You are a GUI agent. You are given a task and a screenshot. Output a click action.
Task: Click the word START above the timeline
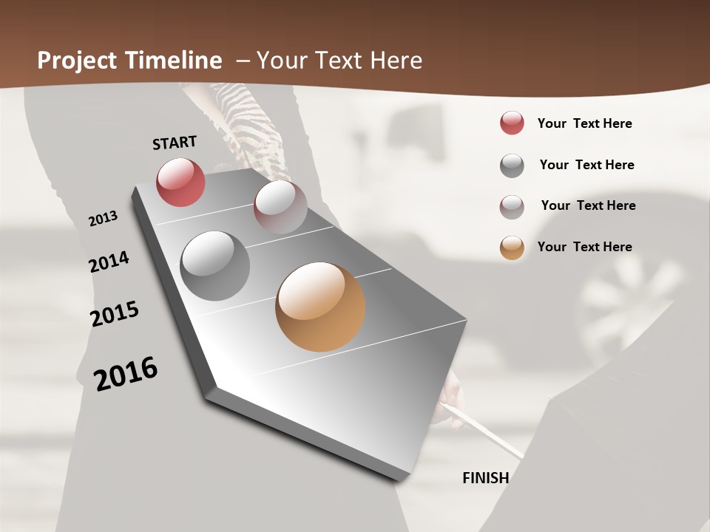175,143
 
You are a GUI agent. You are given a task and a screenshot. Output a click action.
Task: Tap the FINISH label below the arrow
485,478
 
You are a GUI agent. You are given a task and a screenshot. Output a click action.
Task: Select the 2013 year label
103,219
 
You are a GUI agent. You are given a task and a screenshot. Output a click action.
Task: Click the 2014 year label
109,262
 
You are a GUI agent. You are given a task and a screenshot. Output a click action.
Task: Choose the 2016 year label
126,374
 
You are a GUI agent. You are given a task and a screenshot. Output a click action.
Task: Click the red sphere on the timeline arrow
180,182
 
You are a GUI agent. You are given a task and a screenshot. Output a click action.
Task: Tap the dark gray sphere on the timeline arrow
215,266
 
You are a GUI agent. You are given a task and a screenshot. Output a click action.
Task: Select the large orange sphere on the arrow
320,307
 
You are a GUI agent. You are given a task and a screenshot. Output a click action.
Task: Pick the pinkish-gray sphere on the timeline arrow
280,207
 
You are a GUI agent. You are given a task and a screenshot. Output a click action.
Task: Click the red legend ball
512,123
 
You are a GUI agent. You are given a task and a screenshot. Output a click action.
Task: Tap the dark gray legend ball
512,166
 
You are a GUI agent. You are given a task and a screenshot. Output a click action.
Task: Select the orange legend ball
512,248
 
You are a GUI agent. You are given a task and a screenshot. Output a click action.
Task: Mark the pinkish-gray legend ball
512,207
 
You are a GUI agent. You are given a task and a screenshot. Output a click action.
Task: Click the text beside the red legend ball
584,123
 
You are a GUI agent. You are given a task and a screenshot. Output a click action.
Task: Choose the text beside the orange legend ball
584,247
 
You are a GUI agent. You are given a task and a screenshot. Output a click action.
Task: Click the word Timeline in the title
175,61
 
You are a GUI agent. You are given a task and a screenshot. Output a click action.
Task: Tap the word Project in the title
78,61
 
